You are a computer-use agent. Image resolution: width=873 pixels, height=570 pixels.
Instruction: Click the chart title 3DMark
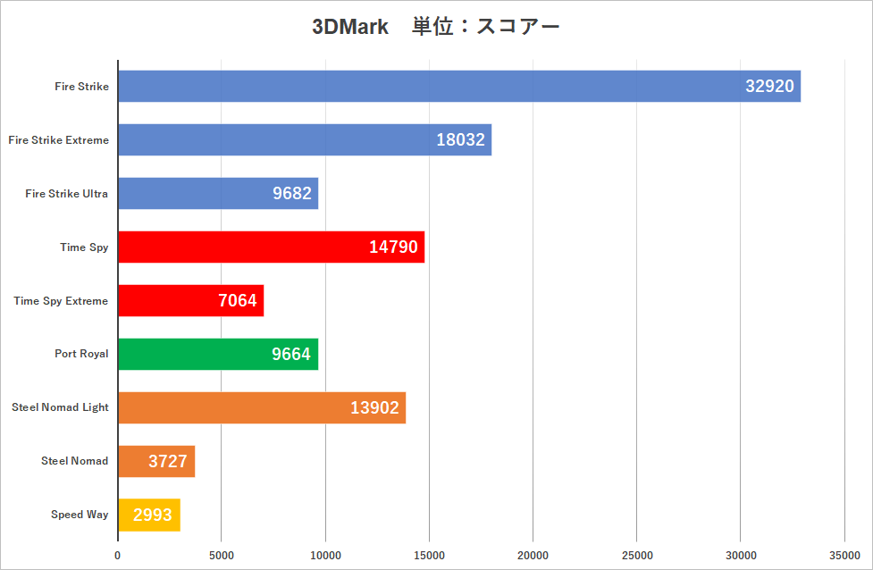coord(350,27)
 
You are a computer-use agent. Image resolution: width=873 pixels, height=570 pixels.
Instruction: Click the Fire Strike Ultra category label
coord(67,194)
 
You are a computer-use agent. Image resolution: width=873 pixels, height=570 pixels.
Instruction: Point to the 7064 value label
coord(238,301)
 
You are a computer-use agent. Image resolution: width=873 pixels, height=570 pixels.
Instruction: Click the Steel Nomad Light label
coord(60,407)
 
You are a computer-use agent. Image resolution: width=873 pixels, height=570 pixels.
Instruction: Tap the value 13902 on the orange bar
coord(374,407)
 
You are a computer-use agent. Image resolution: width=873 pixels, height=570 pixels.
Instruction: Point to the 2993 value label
coord(152,515)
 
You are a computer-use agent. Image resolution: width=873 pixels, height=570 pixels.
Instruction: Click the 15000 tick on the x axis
coord(429,555)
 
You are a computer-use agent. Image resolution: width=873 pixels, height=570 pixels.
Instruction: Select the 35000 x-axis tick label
coord(844,555)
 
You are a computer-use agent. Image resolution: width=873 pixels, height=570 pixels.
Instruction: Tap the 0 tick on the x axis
coord(118,555)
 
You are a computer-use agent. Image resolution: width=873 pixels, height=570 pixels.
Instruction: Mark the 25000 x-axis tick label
coord(636,555)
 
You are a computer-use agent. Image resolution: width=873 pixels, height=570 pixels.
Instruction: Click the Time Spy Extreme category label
coord(61,301)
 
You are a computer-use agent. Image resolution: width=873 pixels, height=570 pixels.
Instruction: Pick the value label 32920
coord(769,87)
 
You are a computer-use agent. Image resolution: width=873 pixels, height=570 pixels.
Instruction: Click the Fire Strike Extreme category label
coord(58,140)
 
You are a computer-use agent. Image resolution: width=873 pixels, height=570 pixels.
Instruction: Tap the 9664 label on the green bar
coord(291,354)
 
